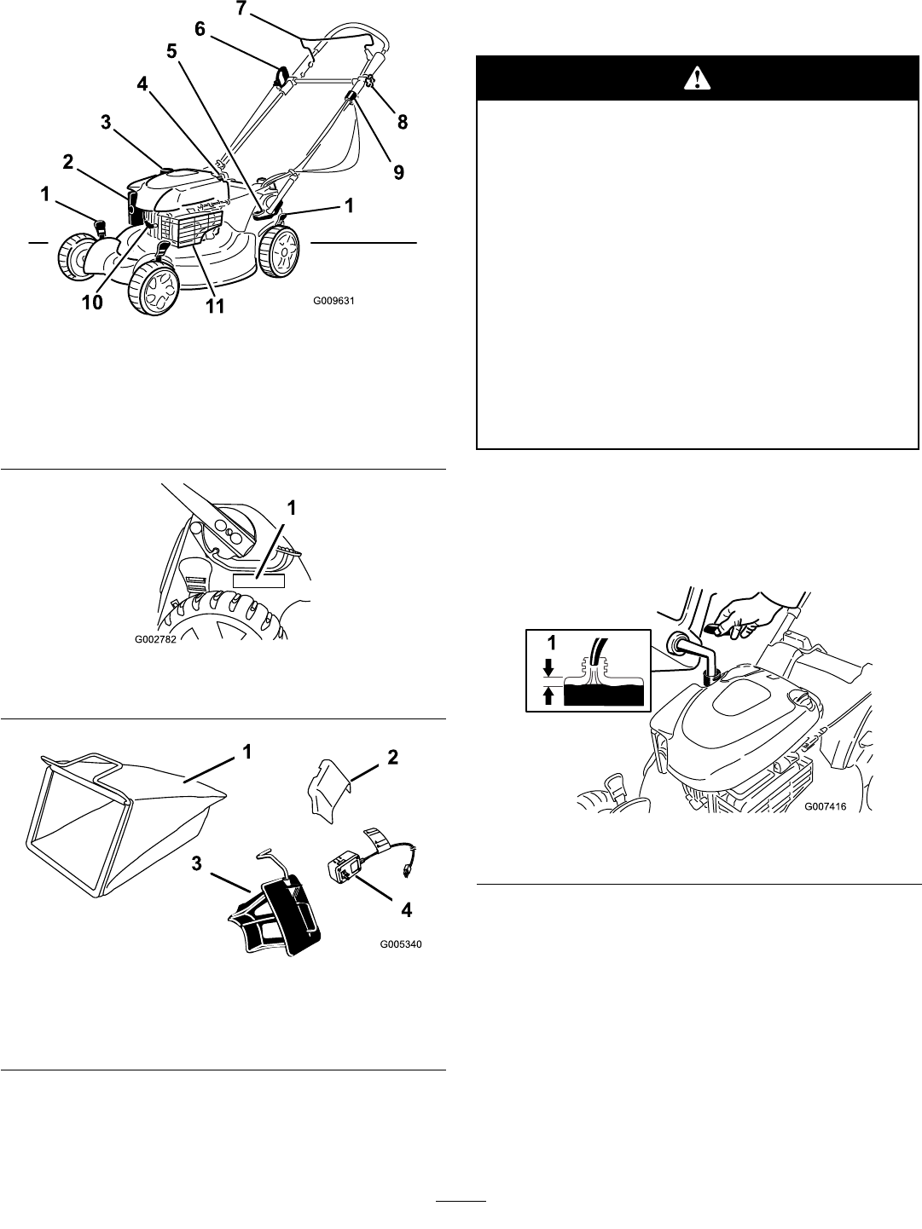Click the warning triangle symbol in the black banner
point(698,78)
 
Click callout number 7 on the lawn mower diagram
point(241,9)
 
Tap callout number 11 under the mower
point(215,305)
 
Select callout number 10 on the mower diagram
point(92,303)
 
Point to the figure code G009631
point(333,301)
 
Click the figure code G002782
point(156,639)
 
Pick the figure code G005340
point(401,944)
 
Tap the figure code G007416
point(826,807)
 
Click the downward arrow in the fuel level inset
point(549,666)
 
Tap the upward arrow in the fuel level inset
point(549,696)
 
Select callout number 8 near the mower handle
point(403,122)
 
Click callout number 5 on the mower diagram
point(172,51)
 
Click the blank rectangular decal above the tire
point(258,580)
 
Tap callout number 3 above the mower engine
point(106,122)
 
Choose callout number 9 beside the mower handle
point(398,172)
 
